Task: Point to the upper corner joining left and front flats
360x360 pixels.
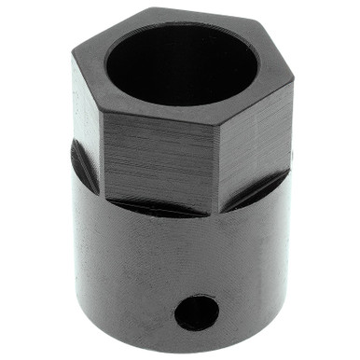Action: click(102, 114)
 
